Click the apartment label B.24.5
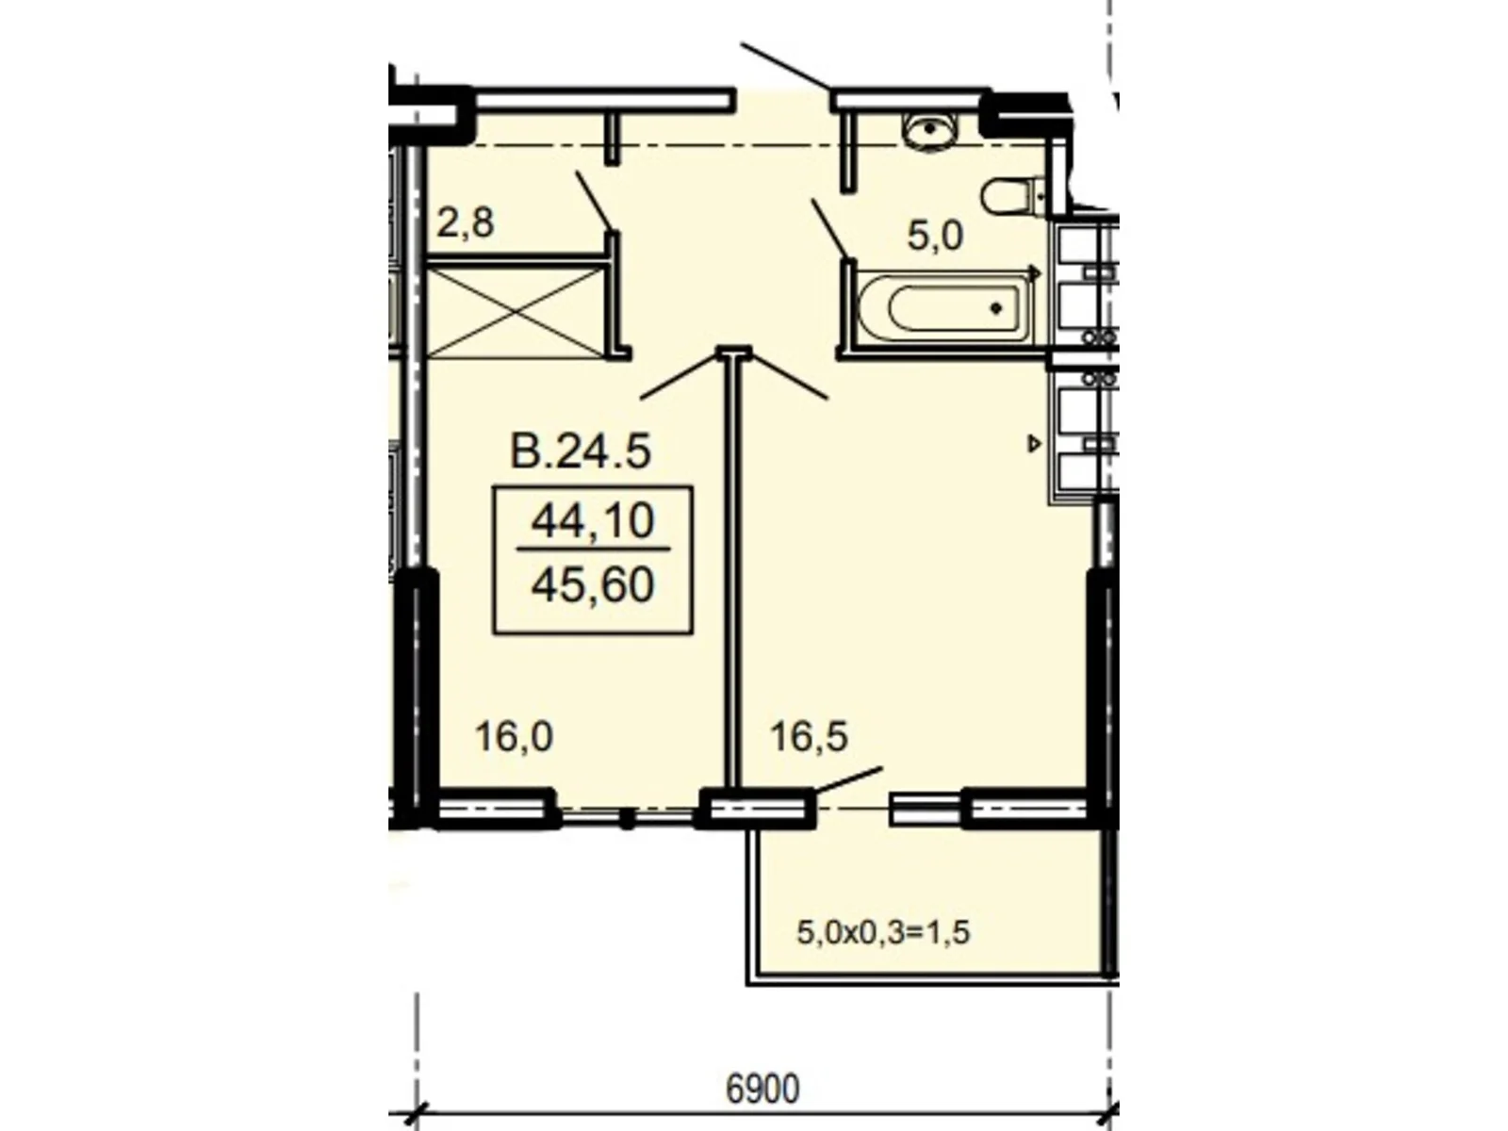click(580, 451)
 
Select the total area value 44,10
click(593, 520)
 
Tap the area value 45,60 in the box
click(593, 585)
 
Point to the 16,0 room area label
click(513, 736)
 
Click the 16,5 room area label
click(809, 736)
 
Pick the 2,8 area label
click(466, 224)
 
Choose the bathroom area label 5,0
click(935, 236)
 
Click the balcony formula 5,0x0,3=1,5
click(883, 933)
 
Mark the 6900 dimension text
click(762, 1089)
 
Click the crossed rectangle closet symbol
click(515, 311)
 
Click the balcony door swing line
click(848, 780)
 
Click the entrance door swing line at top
click(785, 65)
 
